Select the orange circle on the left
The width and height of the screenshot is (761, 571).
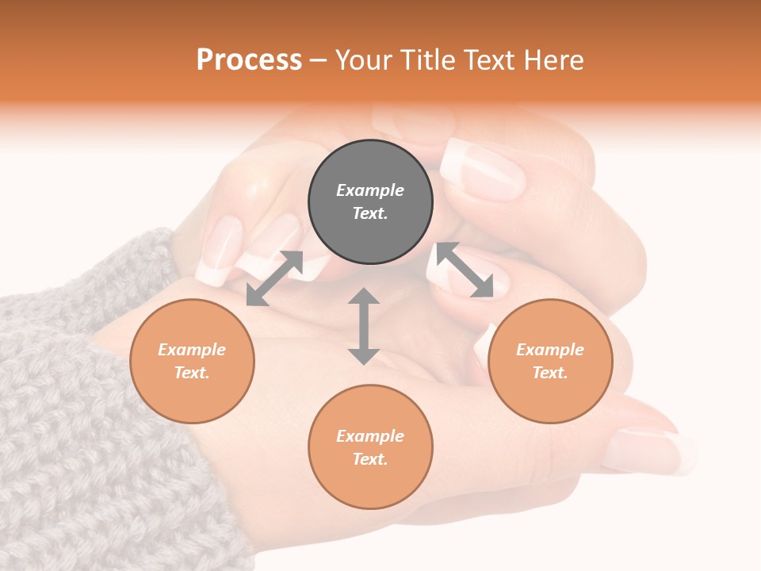click(x=192, y=361)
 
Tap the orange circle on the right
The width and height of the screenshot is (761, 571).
click(x=550, y=361)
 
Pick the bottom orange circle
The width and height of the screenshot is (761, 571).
click(x=370, y=447)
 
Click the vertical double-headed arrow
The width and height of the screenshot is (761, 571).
click(x=364, y=326)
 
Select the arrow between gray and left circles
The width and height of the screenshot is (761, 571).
click(x=274, y=278)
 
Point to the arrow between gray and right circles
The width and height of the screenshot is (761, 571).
click(x=465, y=270)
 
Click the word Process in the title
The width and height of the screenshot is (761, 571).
click(x=249, y=59)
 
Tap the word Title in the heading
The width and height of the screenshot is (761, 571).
click(x=426, y=59)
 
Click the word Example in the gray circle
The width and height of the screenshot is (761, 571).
click(x=370, y=190)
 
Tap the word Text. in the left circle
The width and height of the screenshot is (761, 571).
click(x=192, y=373)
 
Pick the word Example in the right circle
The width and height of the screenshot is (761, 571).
click(x=550, y=350)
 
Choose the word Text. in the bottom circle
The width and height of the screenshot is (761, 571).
click(x=370, y=459)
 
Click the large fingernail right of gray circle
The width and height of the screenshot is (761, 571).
click(x=484, y=168)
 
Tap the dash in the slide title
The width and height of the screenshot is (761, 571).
click(x=319, y=60)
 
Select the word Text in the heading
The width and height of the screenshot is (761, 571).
click(x=488, y=59)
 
